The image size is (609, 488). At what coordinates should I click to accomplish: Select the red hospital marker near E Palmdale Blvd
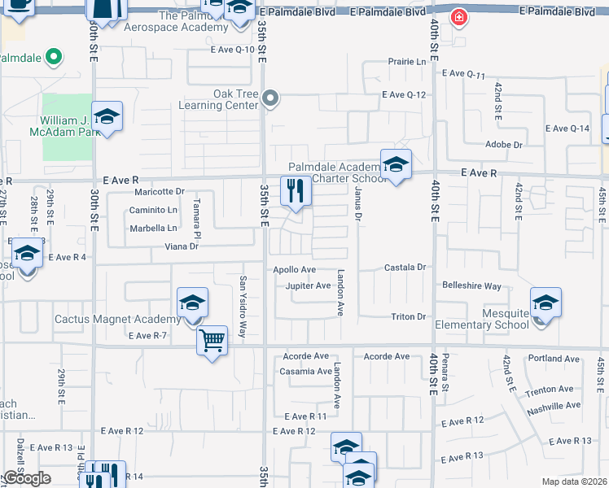(459, 17)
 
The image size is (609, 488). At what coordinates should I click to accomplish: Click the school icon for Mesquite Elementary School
(545, 303)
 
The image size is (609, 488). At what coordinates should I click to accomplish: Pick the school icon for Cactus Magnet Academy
(192, 303)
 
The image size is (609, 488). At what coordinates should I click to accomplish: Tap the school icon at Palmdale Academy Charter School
(396, 164)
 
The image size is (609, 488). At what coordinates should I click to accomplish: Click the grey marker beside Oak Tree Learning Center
(272, 98)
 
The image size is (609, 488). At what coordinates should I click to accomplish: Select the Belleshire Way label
(472, 286)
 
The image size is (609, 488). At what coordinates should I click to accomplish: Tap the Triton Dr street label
(409, 316)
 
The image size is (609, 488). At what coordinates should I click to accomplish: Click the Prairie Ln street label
(408, 62)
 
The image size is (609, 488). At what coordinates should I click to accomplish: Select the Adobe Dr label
(503, 145)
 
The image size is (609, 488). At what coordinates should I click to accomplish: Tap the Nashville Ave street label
(553, 405)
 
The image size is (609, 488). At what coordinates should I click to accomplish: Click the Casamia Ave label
(304, 371)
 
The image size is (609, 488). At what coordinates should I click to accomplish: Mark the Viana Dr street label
(182, 246)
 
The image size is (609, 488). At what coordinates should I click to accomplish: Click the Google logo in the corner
(28, 478)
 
